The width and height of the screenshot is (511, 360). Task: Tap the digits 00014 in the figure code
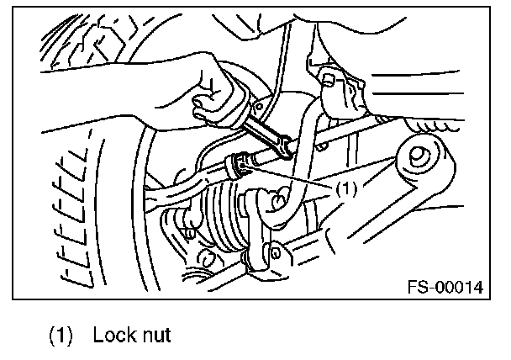click(458, 288)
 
